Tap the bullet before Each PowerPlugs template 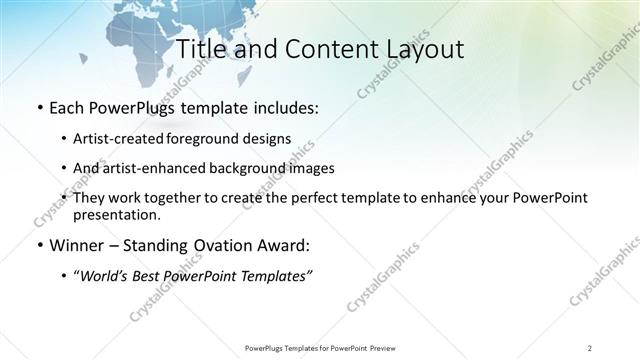tap(38, 108)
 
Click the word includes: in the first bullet tap(283, 108)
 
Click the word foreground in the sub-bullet tap(220, 138)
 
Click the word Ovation tap(222, 246)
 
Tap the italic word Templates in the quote tap(277, 276)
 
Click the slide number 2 tap(589, 347)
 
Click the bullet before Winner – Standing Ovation tap(38, 246)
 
